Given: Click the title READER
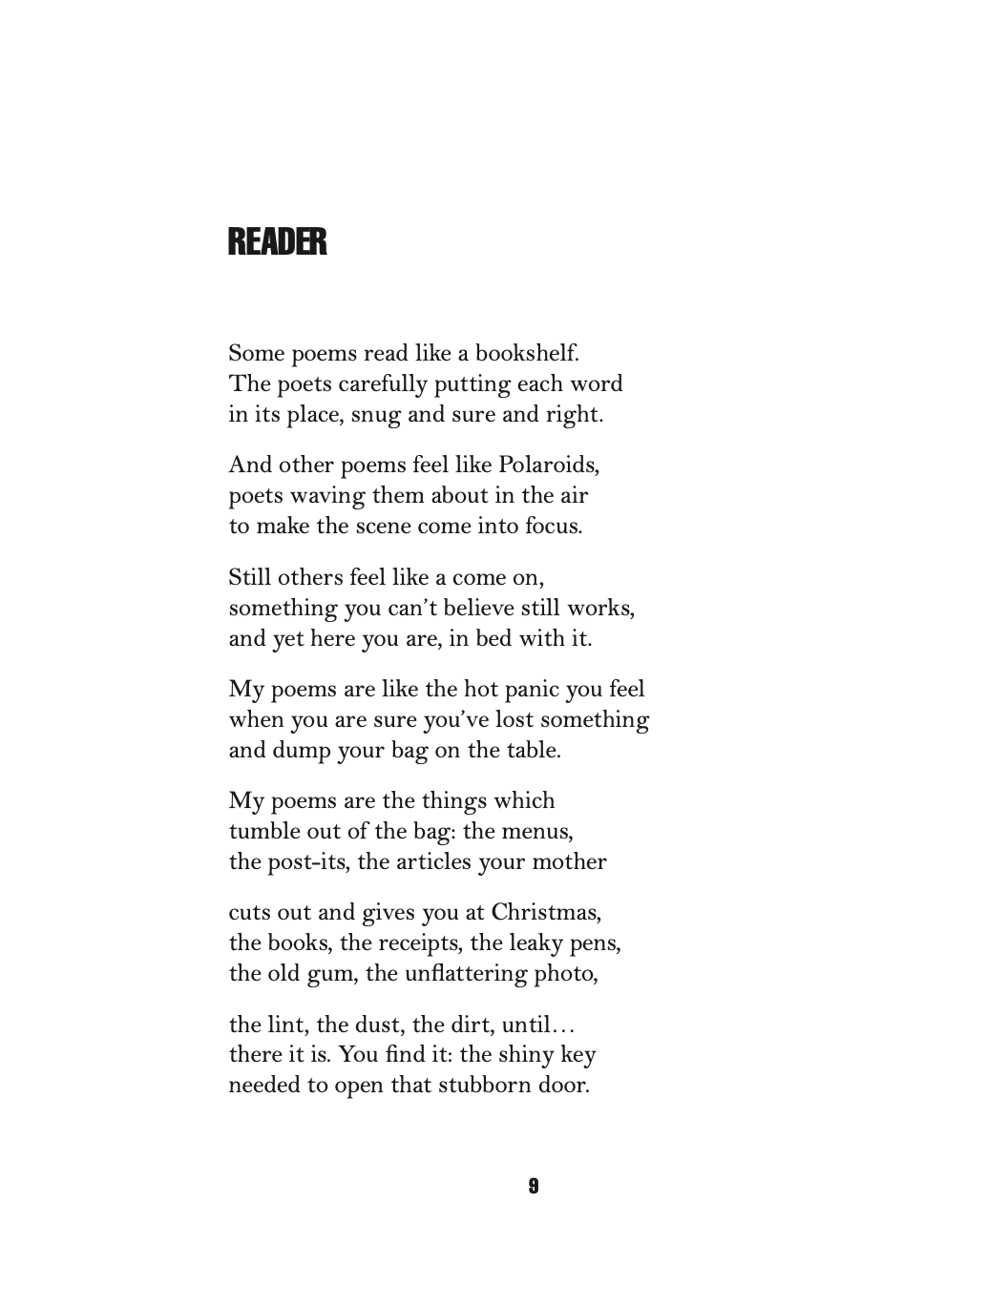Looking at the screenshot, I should click(277, 242).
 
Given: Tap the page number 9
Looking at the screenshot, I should click(533, 1186).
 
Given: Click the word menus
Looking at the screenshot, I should click(543, 831).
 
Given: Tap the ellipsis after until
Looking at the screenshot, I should click(564, 1026).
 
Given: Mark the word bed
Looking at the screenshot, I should click(493, 638).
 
